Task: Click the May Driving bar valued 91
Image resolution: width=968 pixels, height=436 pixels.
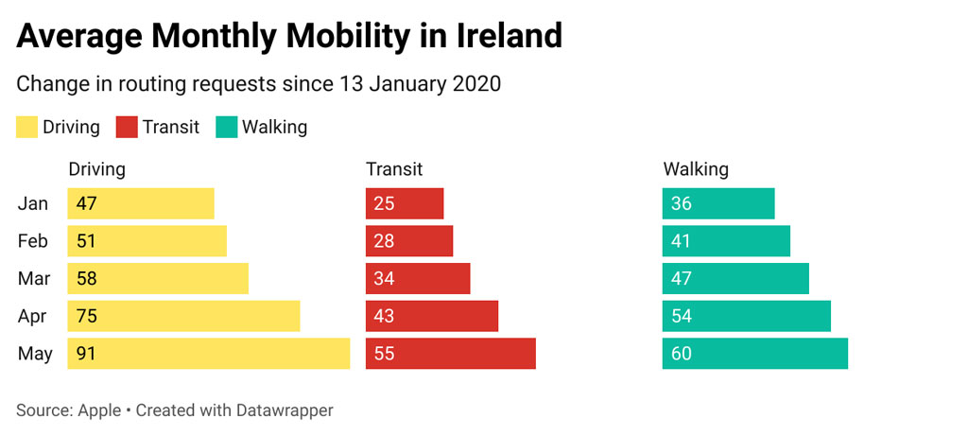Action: coord(208,354)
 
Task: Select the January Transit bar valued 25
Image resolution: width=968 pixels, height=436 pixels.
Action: coord(405,203)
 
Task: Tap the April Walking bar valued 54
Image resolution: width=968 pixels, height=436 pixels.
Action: coord(746,316)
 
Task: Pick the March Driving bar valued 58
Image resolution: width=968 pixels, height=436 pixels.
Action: coord(157,279)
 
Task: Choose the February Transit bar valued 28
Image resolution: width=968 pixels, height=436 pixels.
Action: coord(409,241)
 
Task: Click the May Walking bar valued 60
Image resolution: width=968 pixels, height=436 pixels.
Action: coord(754,354)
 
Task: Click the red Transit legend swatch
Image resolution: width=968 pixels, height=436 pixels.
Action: coord(127,127)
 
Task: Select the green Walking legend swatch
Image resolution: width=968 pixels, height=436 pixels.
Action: coord(227,127)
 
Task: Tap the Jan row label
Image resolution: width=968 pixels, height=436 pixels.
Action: coord(33,203)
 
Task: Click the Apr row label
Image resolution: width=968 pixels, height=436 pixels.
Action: coord(33,317)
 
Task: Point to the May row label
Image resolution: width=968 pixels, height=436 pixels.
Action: coord(35,355)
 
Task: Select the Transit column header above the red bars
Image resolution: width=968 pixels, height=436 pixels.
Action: coord(394,169)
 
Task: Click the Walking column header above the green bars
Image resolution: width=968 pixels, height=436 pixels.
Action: coord(696,169)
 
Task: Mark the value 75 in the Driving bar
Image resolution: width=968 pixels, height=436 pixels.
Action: coord(87,317)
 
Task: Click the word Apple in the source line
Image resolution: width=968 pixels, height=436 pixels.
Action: coord(98,410)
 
